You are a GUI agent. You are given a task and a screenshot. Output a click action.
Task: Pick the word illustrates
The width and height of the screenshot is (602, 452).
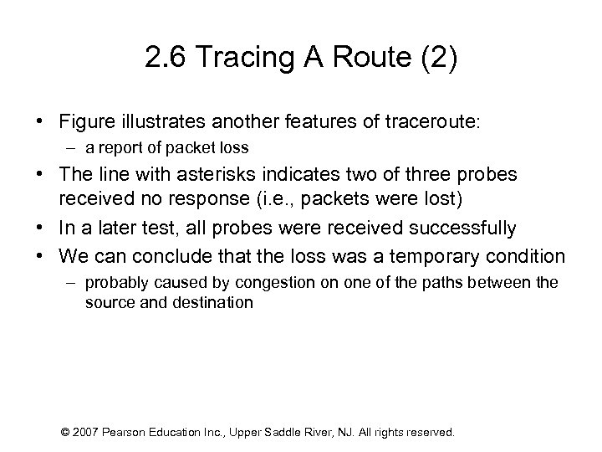coord(154,122)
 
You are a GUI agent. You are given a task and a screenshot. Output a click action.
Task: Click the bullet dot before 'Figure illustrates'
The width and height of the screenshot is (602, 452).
coord(40,122)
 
